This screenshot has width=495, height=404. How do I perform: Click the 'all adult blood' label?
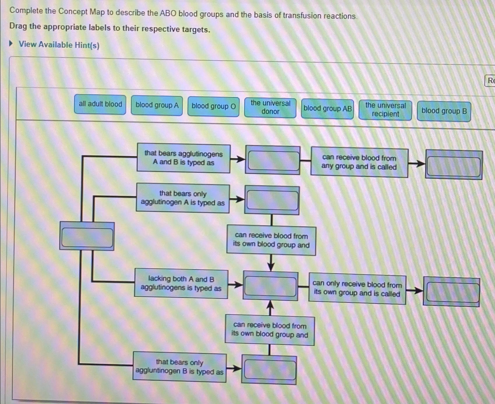point(100,104)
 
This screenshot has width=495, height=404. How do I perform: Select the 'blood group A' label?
point(157,105)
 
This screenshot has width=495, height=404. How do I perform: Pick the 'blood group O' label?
point(214,106)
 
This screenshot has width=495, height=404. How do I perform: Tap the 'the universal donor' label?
point(270,107)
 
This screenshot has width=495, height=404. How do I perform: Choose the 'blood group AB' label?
point(327,109)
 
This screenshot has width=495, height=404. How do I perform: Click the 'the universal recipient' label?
point(385,110)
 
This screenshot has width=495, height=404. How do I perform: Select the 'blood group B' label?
point(444,111)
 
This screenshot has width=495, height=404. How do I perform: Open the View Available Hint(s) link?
point(59,45)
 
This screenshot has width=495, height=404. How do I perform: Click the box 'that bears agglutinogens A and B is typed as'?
point(184,158)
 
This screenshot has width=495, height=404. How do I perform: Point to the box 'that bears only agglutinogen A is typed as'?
point(183,198)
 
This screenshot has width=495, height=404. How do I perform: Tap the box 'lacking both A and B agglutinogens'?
point(181,283)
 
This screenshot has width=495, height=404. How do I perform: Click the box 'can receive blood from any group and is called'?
point(359,162)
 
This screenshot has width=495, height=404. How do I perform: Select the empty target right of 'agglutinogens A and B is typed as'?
point(273,160)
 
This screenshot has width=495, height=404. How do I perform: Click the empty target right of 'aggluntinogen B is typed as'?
point(269,370)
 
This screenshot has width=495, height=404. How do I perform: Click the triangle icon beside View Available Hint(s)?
point(11,44)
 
